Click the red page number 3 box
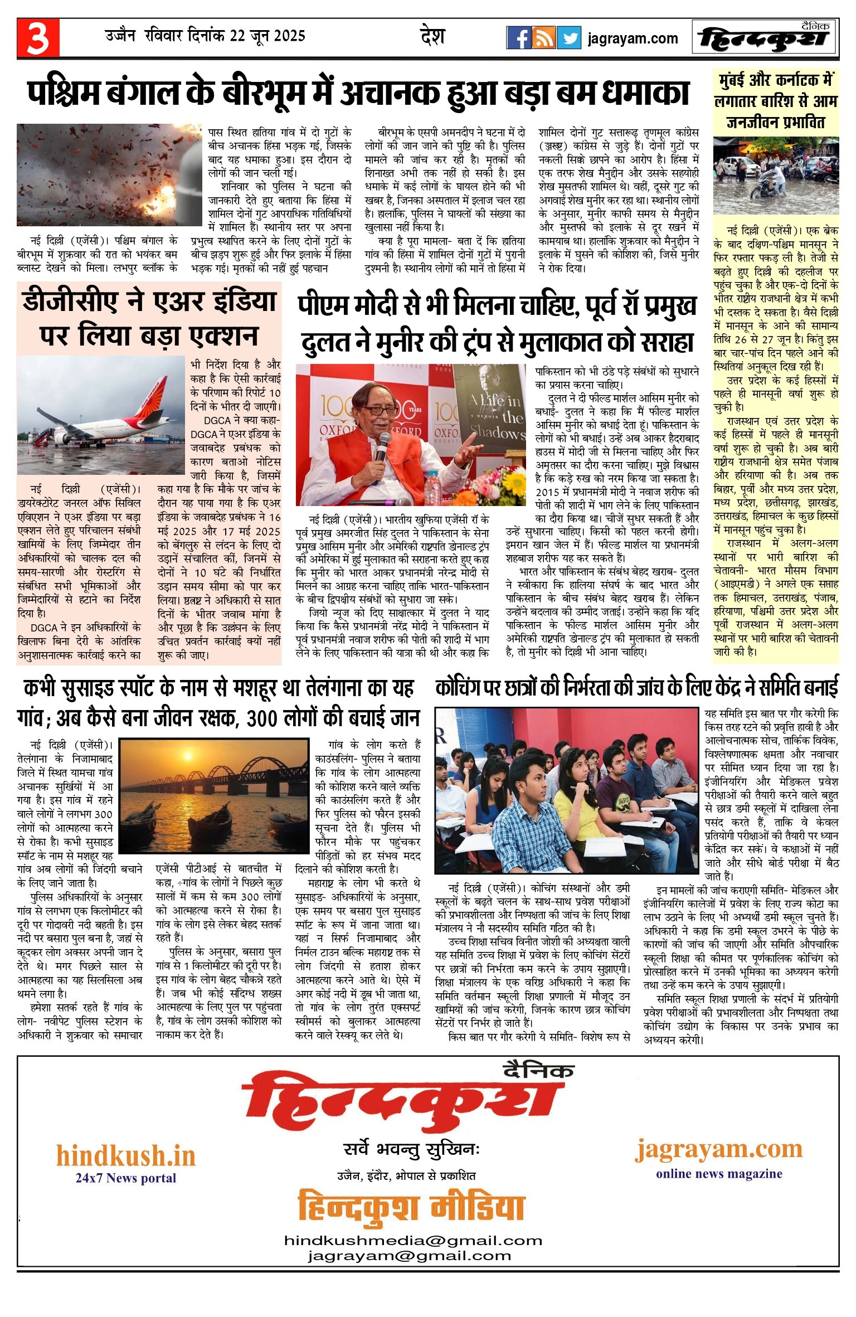(38, 37)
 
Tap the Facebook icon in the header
(518, 38)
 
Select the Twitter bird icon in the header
(569, 38)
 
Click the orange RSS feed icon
(543, 38)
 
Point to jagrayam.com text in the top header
(633, 38)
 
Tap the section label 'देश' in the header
(432, 36)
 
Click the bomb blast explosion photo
(109, 174)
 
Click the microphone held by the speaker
(382, 446)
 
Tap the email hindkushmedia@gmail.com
(412, 1241)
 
